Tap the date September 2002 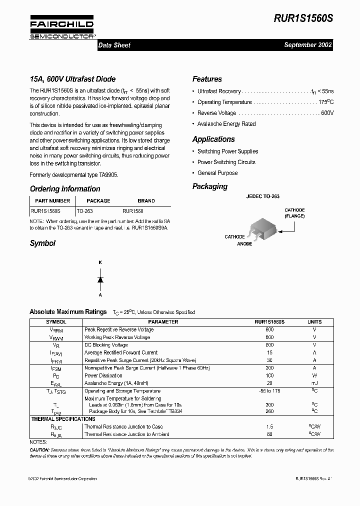pyautogui.click(x=307, y=45)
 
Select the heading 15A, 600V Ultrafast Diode pyautogui.click(x=72, y=79)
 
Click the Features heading pyautogui.click(x=207, y=79)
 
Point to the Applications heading pyautogui.click(x=213, y=139)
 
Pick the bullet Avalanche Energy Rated pyautogui.click(x=226, y=124)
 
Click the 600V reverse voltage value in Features pyautogui.click(x=327, y=113)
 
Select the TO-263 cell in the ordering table pyautogui.click(x=85, y=211)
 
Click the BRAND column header pyautogui.click(x=146, y=200)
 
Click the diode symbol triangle pyautogui.click(x=100, y=279)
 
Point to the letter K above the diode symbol pyautogui.click(x=100, y=262)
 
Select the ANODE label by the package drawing pyautogui.click(x=244, y=244)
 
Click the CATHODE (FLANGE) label pyautogui.click(x=294, y=213)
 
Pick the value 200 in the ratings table pyautogui.click(x=269, y=368)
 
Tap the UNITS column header pyautogui.click(x=314, y=322)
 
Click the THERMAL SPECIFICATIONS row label pyautogui.click(x=63, y=419)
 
